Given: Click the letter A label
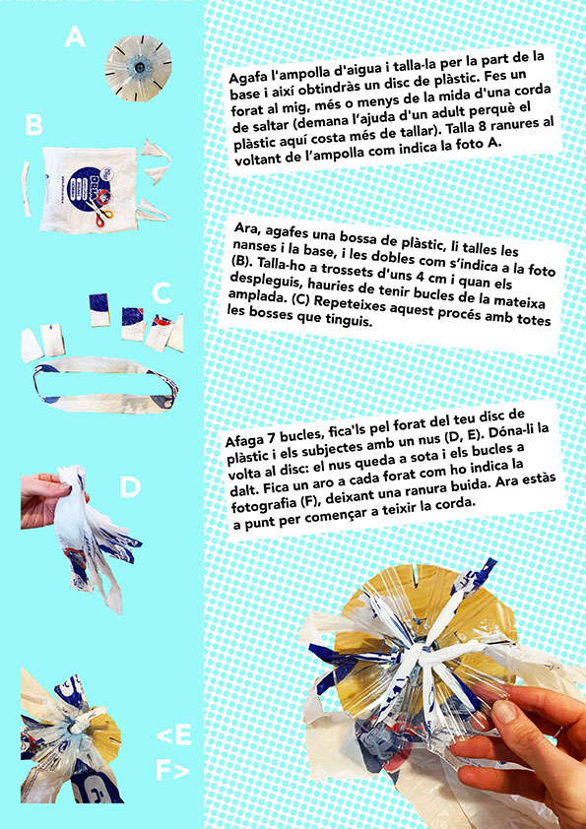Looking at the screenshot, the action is pos(75,37).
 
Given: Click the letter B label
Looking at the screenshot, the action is pos(33,125).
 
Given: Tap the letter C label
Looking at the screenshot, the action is pos(162,292).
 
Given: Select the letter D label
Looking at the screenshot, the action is pos(130,487).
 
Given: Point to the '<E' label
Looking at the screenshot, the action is pos(173,734).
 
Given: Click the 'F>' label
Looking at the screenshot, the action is pos(171,770).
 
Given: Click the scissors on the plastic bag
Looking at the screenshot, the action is pos(99,213).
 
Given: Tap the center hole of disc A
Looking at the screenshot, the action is pos(138,67).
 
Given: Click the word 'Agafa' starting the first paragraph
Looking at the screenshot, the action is pos(246,78).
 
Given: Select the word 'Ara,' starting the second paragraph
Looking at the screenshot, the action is pos(246,229).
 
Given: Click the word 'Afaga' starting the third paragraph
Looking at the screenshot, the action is pos(242,440).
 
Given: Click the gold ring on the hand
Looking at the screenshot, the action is pos(559,733).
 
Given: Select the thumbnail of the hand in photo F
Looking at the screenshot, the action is pos(505,711).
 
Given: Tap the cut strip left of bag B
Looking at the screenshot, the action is pos(26,189).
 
